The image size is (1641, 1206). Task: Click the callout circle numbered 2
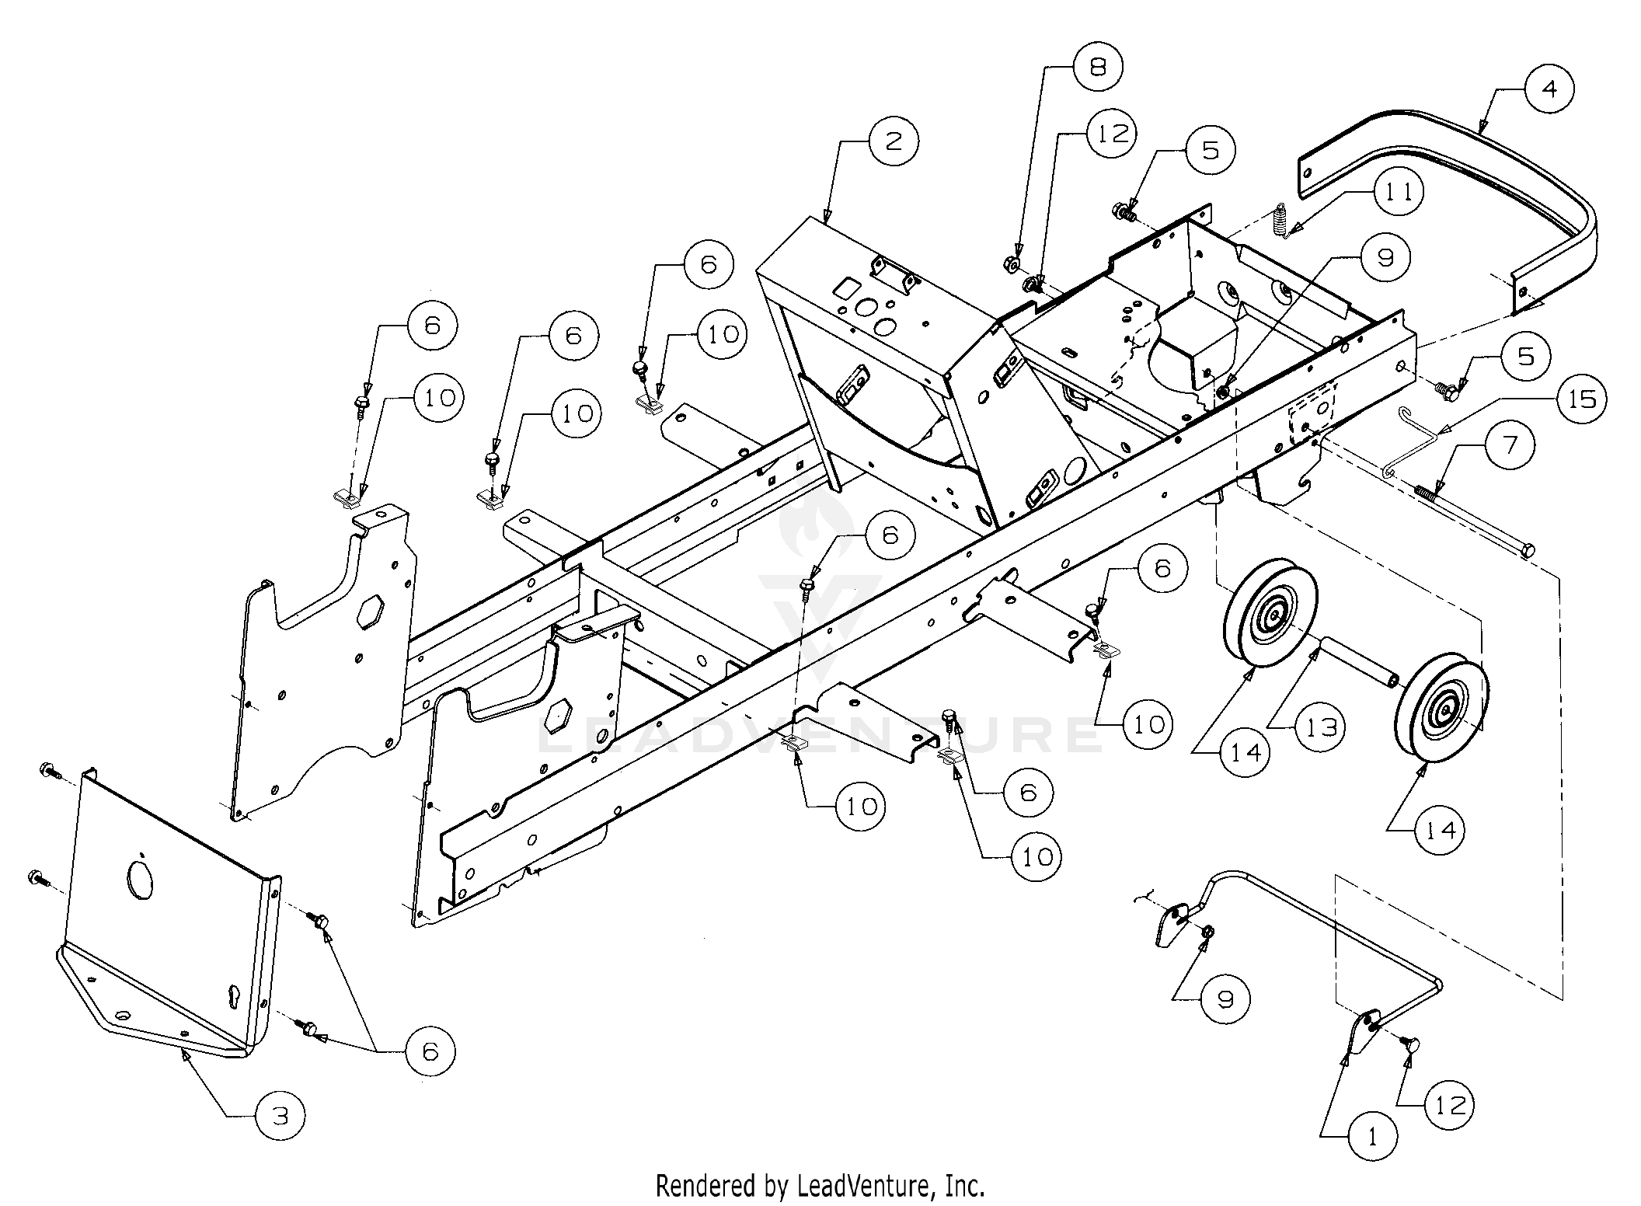(893, 141)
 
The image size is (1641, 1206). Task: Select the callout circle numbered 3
(280, 1117)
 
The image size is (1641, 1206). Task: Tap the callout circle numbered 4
(1549, 90)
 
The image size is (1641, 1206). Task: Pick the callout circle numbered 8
(1098, 67)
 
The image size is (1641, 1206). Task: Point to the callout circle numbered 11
(1399, 192)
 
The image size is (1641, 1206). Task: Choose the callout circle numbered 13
(1320, 727)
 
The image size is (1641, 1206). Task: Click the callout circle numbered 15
(1581, 399)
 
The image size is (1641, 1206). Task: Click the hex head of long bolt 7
(1525, 551)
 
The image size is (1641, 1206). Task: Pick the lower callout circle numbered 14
(1440, 831)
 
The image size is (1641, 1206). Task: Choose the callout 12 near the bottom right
(1449, 1104)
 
